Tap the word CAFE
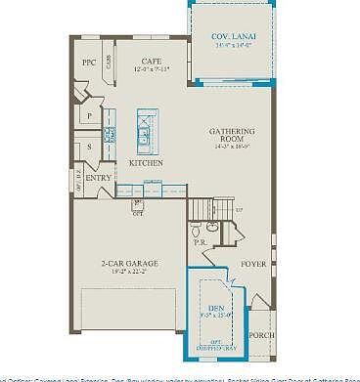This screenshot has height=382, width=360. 151,60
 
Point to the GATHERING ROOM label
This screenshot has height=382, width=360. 234,136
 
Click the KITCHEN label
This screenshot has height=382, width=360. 146,162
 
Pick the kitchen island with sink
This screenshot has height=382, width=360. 144,132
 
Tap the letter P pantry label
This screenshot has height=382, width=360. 90,115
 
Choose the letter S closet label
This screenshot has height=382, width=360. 90,147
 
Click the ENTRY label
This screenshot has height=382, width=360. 99,178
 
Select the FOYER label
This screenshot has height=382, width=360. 253,264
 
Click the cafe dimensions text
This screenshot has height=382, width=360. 151,68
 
